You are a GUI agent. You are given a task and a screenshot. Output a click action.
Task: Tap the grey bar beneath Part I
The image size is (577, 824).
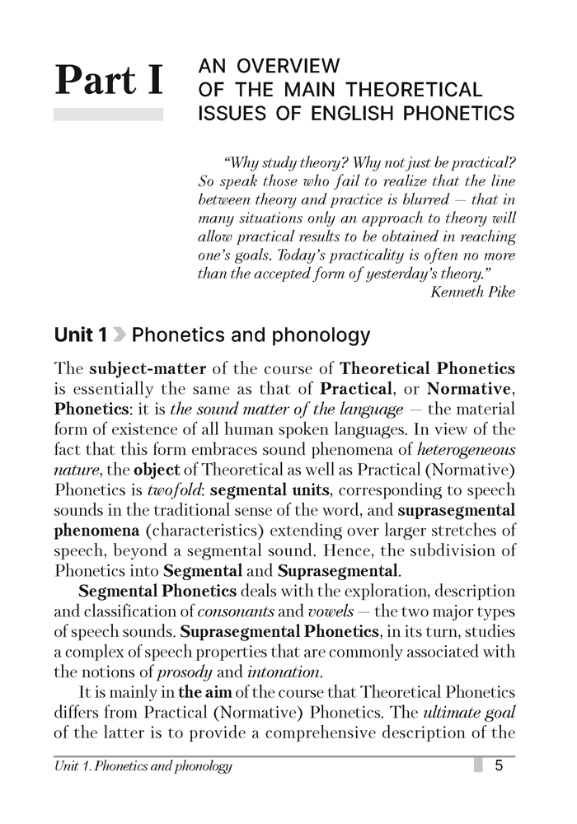(107, 115)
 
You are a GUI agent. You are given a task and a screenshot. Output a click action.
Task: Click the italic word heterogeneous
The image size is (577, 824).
(468, 449)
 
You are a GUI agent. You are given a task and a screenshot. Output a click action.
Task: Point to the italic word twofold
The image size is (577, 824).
(146, 490)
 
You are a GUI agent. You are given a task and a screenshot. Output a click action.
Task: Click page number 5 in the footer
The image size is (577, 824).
(499, 766)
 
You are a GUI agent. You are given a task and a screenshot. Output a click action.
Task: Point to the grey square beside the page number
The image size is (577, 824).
(477, 766)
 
